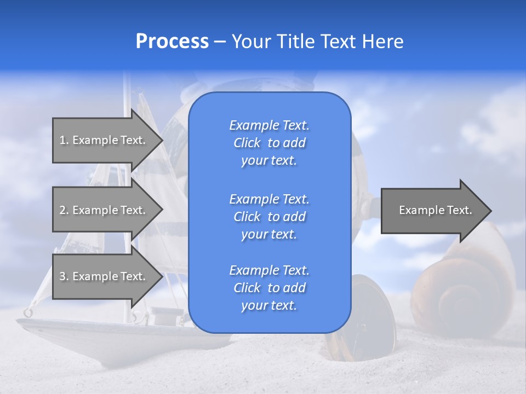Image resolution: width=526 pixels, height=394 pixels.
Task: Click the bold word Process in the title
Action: click(x=172, y=42)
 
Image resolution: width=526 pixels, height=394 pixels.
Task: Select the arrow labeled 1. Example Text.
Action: click(x=104, y=140)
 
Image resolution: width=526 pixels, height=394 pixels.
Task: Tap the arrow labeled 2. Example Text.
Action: click(x=104, y=210)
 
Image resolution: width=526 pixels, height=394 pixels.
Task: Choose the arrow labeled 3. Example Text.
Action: click(x=104, y=276)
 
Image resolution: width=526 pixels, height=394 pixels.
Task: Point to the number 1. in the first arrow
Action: click(x=64, y=140)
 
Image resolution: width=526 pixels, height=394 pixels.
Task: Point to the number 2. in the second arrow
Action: click(x=64, y=210)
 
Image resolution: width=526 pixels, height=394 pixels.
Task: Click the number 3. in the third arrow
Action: click(x=64, y=276)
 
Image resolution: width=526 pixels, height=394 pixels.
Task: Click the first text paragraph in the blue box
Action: click(x=269, y=143)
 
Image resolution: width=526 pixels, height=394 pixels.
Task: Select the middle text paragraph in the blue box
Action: click(x=269, y=217)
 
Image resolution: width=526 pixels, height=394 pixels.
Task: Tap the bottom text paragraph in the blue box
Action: click(x=269, y=288)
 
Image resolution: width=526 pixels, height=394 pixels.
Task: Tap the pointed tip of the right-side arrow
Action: click(x=490, y=211)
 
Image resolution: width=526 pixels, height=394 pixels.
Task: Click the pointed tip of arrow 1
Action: click(x=162, y=141)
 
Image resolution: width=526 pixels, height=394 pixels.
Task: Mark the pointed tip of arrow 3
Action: click(x=162, y=276)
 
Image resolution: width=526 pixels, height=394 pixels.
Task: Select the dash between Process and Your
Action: click(x=220, y=42)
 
